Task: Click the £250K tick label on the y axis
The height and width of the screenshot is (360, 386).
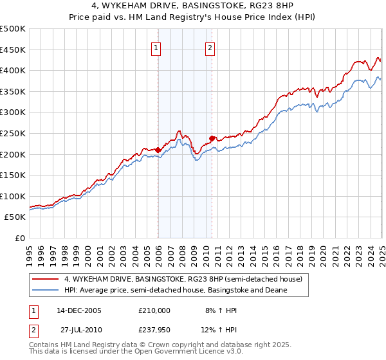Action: point(13,133)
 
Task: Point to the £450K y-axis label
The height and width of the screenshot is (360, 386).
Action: point(13,50)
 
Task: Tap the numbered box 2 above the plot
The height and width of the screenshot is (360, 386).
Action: point(210,46)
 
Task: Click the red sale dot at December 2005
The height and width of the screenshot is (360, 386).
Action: point(158,150)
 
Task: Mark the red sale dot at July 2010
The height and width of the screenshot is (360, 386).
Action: point(212,138)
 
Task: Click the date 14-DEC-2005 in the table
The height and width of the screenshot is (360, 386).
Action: point(79,310)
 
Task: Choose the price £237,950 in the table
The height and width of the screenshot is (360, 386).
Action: point(154,331)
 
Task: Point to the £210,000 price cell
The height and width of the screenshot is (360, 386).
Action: point(154,310)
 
